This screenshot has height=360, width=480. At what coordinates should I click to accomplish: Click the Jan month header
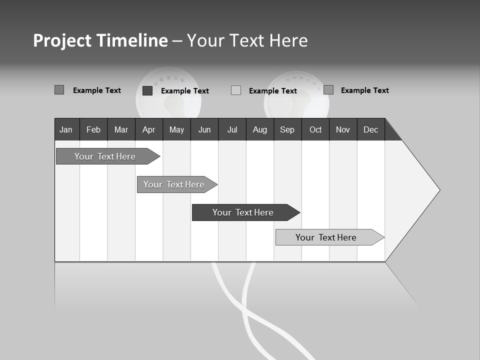tap(66, 129)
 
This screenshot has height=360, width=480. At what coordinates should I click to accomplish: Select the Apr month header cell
tap(149, 129)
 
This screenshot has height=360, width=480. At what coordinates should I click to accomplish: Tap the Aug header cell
tap(260, 129)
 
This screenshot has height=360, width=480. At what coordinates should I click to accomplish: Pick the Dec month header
tap(371, 129)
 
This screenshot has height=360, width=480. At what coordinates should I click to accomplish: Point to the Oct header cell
tap(315, 129)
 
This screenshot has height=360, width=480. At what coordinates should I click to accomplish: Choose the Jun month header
tap(204, 129)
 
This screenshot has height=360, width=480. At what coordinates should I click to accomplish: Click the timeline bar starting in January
tap(105, 156)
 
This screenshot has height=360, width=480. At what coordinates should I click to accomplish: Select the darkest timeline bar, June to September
tap(243, 212)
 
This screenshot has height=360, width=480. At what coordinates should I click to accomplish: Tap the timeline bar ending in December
tap(326, 237)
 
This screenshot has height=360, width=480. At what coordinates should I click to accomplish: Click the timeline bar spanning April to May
tap(174, 184)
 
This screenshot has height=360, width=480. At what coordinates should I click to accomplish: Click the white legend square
tap(236, 90)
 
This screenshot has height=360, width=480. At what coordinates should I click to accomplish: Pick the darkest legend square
tap(147, 90)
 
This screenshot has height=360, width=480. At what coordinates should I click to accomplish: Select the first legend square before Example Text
tap(59, 90)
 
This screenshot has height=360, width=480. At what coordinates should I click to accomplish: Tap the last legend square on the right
tap(328, 90)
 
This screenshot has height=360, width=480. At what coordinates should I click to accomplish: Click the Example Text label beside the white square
tap(273, 91)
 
